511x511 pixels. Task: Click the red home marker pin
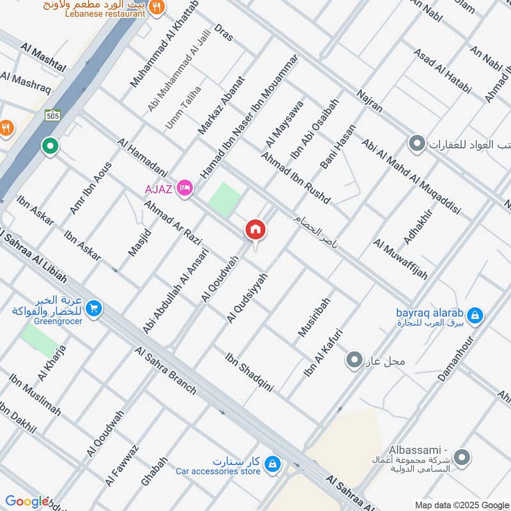[256, 229]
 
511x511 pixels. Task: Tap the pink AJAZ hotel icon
[185, 188]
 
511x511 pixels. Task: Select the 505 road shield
[52, 116]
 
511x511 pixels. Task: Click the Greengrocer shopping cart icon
[95, 309]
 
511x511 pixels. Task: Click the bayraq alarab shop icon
[475, 315]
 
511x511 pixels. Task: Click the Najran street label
[369, 100]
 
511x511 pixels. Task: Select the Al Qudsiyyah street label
[247, 296]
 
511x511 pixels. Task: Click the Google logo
[27, 501]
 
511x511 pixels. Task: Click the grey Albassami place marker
[463, 457]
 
